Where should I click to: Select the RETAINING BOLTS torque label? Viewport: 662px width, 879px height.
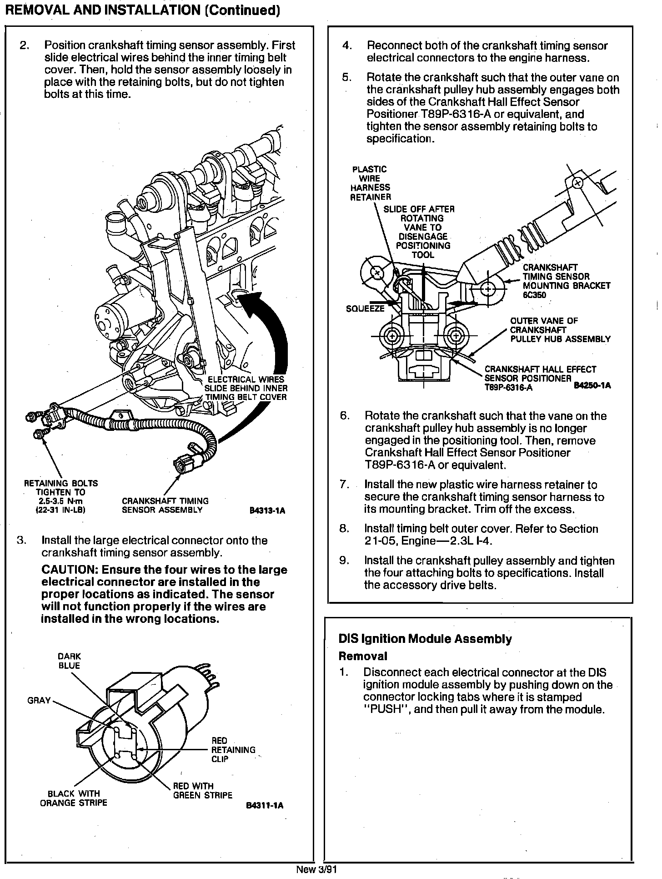(60, 496)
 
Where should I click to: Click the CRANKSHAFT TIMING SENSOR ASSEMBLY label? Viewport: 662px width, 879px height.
(165, 505)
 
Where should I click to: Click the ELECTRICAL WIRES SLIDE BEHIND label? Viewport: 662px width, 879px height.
(246, 388)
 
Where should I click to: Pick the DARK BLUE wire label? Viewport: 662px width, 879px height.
(69, 661)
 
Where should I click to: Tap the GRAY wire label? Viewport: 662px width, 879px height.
(39, 700)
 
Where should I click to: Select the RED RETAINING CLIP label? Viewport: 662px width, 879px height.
(233, 750)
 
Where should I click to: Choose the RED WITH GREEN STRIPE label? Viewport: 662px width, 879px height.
(203, 791)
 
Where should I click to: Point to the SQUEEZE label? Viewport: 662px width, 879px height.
(365, 308)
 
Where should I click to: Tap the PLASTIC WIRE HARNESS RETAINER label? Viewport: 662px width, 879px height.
(370, 183)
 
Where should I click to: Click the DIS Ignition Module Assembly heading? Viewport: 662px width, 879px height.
(425, 639)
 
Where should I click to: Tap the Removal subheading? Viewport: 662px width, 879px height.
(363, 656)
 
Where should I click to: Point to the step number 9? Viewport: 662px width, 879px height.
(344, 561)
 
